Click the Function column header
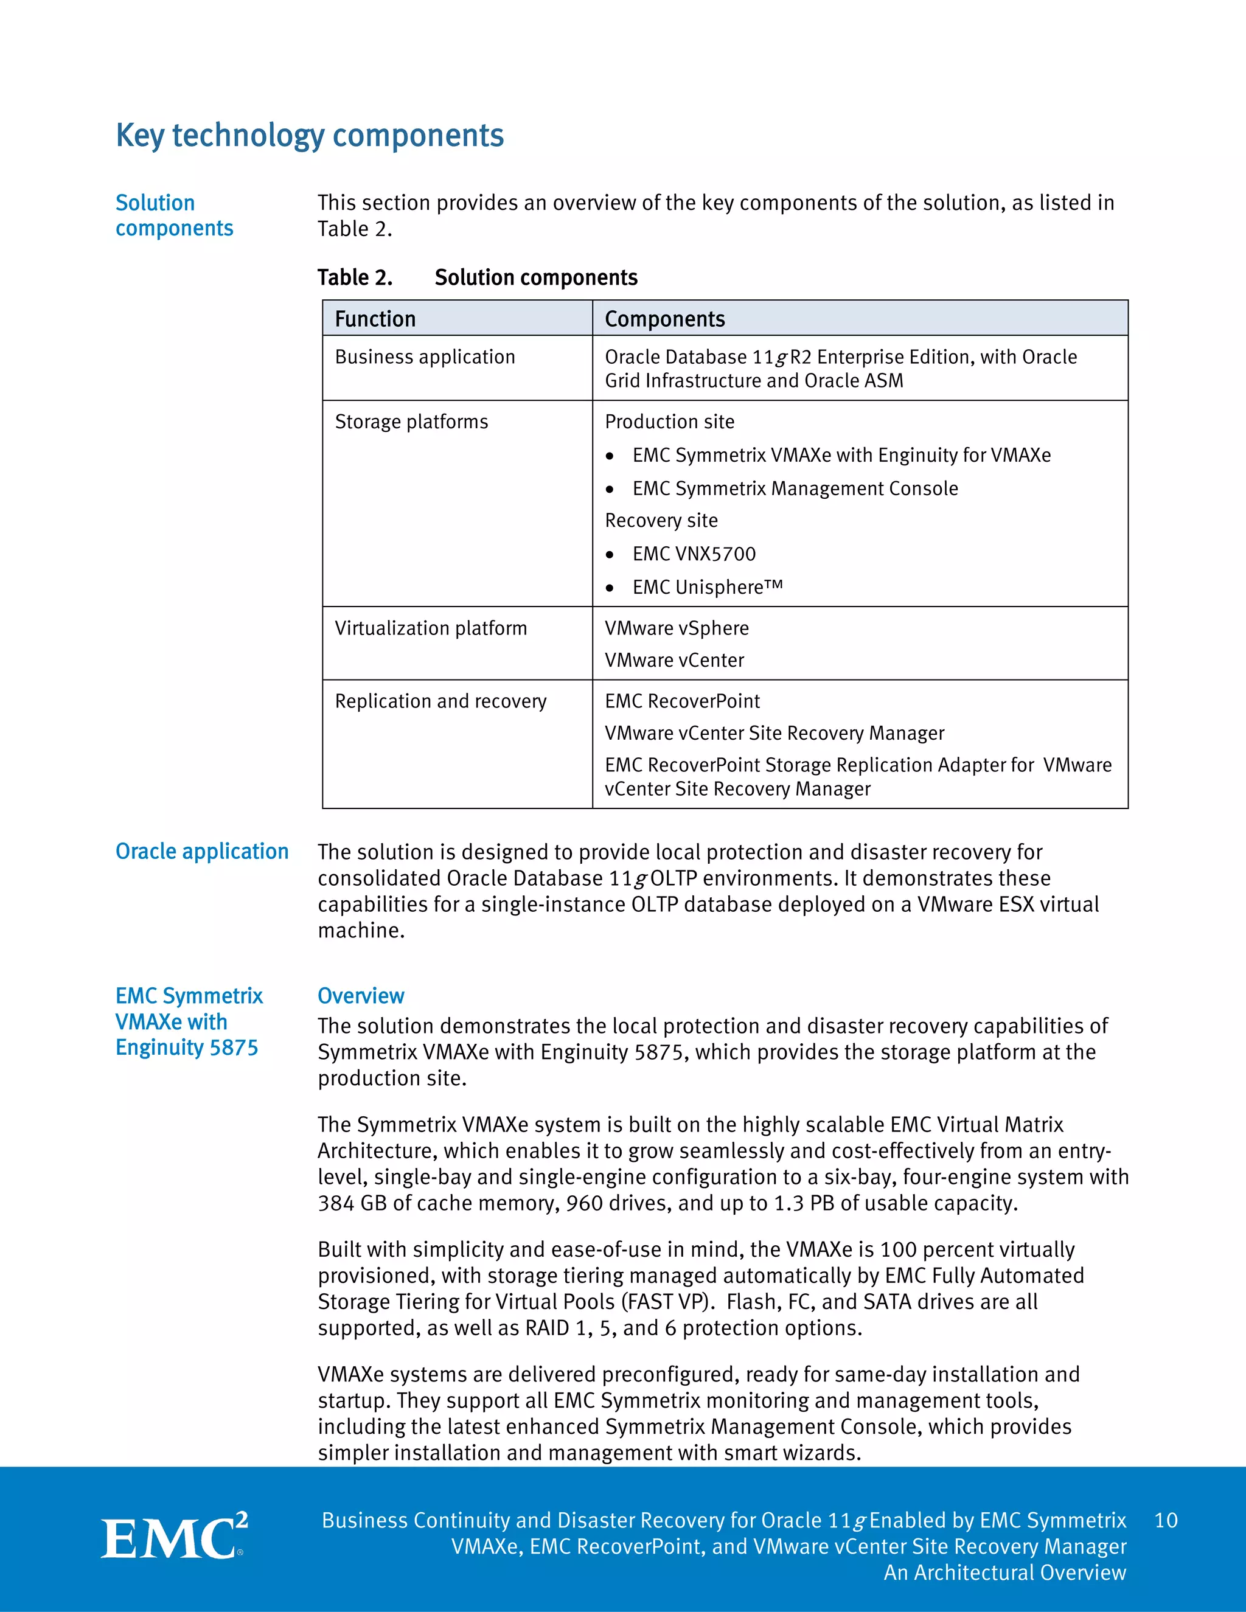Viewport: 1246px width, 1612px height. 375,319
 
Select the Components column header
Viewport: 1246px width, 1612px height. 664,319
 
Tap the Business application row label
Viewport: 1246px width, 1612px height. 425,357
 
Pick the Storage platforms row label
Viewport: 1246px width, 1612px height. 411,422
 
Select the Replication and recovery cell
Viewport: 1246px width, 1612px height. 440,701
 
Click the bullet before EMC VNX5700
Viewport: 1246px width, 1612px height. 610,555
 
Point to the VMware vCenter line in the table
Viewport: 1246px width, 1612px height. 674,661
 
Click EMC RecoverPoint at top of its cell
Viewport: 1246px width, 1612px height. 682,701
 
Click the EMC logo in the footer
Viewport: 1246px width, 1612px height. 174,1537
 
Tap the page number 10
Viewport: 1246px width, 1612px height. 1166,1521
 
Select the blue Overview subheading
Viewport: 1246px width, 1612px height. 360,996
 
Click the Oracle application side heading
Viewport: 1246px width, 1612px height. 201,852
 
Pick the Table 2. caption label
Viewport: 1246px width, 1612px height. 354,277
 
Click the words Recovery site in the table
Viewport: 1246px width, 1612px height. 661,521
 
